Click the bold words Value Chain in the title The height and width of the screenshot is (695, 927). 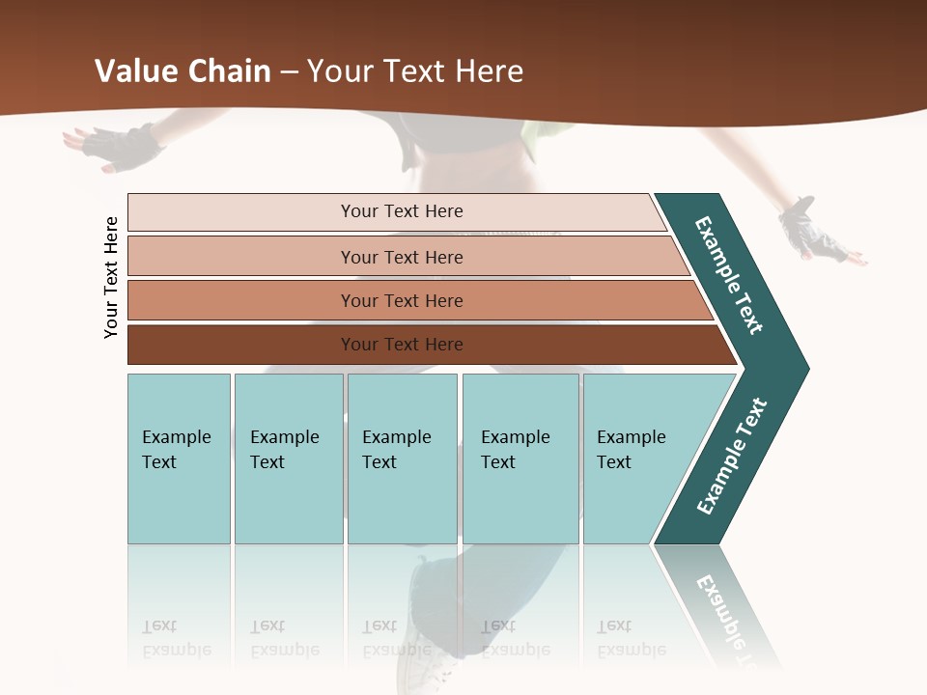(x=183, y=71)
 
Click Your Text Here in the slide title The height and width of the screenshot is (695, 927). (x=415, y=71)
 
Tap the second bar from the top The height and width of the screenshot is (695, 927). (x=401, y=257)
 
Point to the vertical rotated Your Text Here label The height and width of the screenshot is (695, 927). (x=111, y=277)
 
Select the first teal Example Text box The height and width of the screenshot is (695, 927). (x=179, y=459)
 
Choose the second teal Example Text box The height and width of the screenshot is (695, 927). (x=288, y=459)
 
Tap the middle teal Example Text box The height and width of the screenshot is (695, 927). (x=402, y=459)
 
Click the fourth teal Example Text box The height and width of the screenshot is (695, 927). (x=520, y=459)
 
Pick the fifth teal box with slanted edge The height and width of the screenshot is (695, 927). (x=637, y=459)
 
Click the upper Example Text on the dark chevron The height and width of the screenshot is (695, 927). (x=729, y=275)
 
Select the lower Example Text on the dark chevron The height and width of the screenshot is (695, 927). (x=732, y=457)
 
